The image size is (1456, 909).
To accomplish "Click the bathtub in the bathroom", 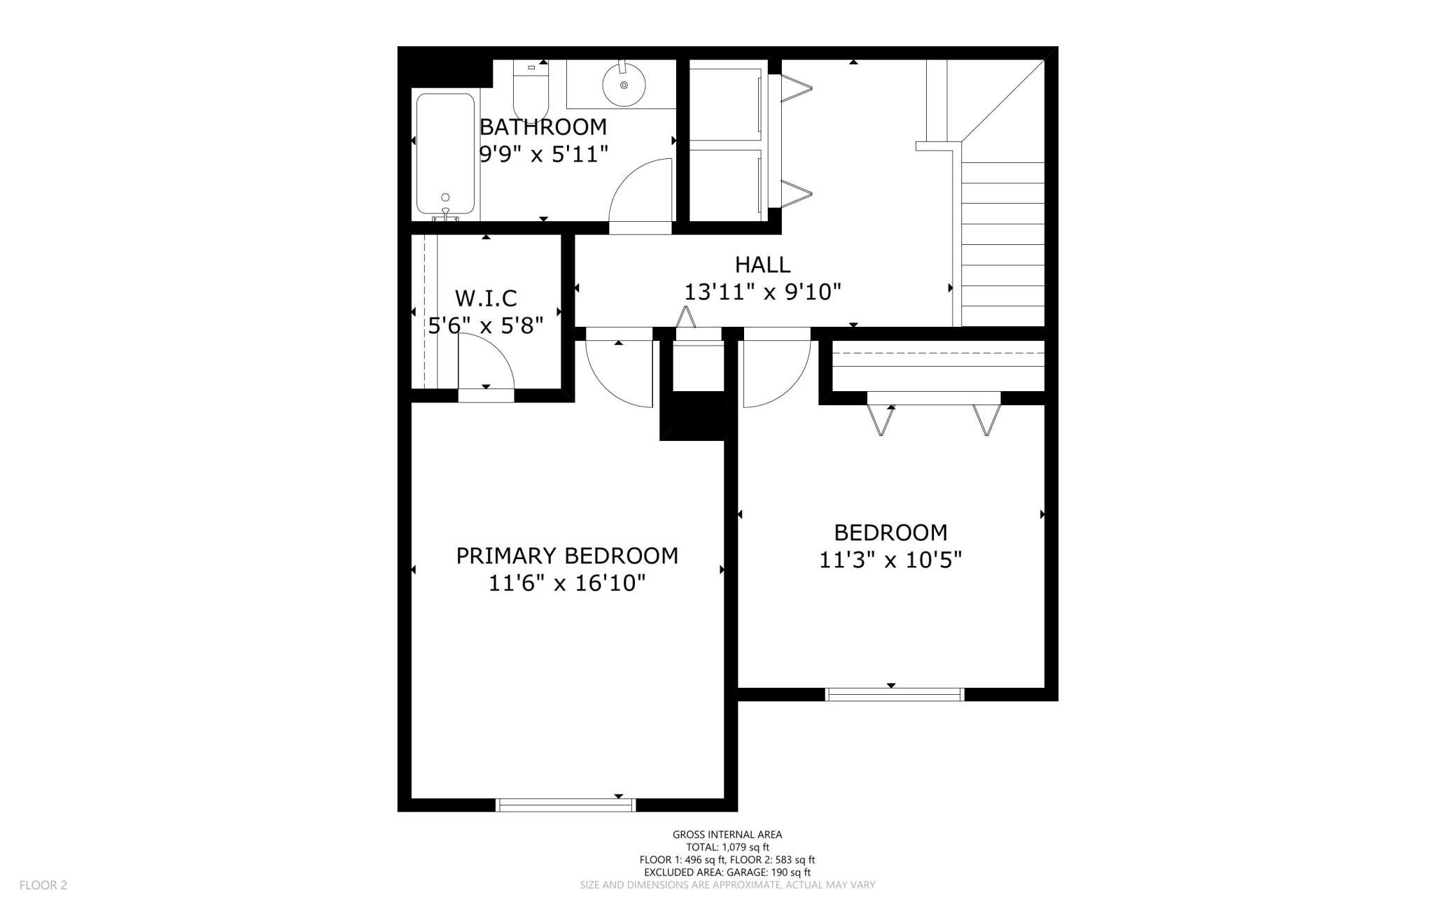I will click(445, 153).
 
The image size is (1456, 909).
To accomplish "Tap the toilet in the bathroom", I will click(531, 91).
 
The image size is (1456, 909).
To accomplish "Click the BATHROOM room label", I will click(542, 127).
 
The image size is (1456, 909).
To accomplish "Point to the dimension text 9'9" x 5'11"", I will click(543, 154).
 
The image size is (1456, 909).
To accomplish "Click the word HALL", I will click(762, 265).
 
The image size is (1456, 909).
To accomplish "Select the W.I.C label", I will click(486, 299).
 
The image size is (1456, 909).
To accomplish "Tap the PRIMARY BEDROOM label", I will click(567, 556).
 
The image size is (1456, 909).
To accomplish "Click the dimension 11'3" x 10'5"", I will click(890, 560).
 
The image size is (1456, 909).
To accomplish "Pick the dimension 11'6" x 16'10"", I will click(567, 583).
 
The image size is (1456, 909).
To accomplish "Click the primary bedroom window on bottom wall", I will click(566, 805).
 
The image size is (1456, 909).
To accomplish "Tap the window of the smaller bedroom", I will click(895, 694).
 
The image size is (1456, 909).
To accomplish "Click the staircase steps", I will click(1002, 245).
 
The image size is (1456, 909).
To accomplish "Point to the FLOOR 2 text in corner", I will click(43, 885).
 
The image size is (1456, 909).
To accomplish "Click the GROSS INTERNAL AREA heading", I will click(727, 834).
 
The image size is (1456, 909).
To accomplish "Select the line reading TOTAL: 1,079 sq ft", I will click(727, 847).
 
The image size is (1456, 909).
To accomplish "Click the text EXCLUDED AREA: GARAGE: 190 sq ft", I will click(727, 872).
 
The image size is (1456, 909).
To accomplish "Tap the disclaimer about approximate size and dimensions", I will click(727, 885).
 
